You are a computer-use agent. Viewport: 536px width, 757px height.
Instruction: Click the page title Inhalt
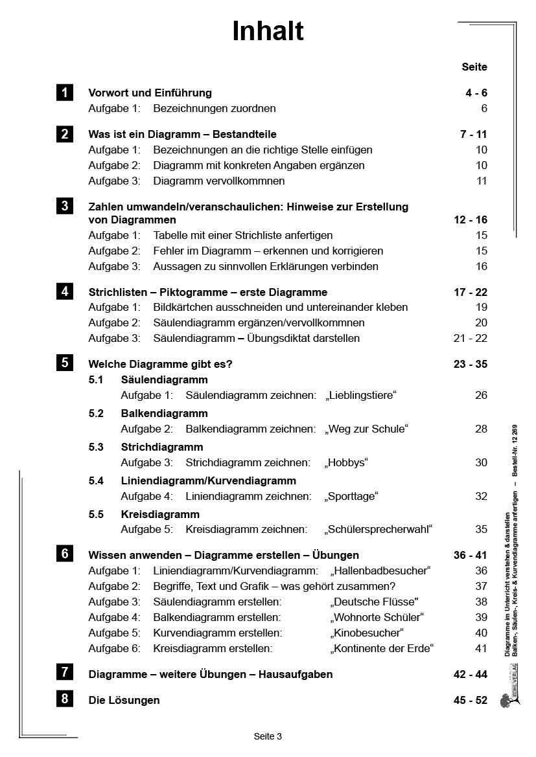pyautogui.click(x=268, y=31)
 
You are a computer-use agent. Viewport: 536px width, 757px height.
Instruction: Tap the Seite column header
pyautogui.click(x=474, y=67)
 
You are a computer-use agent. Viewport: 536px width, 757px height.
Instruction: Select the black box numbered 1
pyautogui.click(x=64, y=93)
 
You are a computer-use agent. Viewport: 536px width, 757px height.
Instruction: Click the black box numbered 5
pyautogui.click(x=64, y=363)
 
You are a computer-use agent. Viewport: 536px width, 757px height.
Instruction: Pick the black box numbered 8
pyautogui.click(x=64, y=699)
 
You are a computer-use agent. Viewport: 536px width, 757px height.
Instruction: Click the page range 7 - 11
pyautogui.click(x=473, y=135)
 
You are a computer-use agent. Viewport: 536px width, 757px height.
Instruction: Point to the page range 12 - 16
pyautogui.click(x=471, y=220)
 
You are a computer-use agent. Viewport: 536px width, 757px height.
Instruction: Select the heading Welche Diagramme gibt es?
pyautogui.click(x=160, y=365)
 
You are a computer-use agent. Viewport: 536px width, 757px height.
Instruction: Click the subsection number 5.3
pyautogui.click(x=96, y=447)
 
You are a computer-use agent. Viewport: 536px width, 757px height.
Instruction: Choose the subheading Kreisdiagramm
pyautogui.click(x=160, y=514)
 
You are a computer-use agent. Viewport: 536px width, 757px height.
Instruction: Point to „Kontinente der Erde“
pyautogui.click(x=382, y=648)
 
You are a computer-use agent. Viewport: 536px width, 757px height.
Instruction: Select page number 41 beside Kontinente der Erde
pyautogui.click(x=481, y=648)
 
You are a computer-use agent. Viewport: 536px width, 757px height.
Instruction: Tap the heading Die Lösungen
pyautogui.click(x=124, y=700)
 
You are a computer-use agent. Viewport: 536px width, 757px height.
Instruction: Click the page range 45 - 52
pyautogui.click(x=471, y=700)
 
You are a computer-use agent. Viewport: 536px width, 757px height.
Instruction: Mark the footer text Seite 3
pyautogui.click(x=268, y=736)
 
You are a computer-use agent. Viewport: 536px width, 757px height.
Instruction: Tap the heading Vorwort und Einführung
pyautogui.click(x=150, y=93)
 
